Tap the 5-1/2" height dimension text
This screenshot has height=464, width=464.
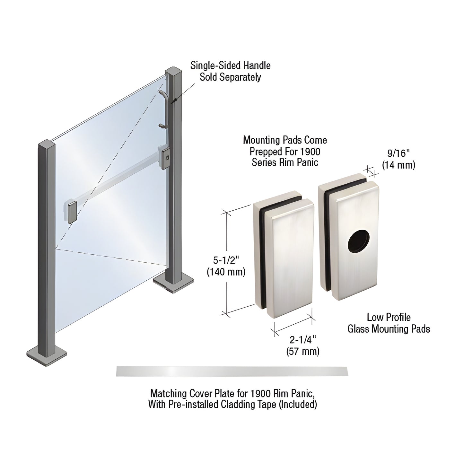coord(225,260)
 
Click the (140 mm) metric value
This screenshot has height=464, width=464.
coord(226,272)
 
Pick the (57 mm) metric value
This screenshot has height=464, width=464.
coord(302,351)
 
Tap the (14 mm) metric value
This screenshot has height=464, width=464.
coord(398,165)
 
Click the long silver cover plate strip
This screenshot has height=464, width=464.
coord(232,371)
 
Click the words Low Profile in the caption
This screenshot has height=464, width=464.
coord(389,317)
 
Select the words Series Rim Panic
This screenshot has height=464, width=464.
coord(285,162)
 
